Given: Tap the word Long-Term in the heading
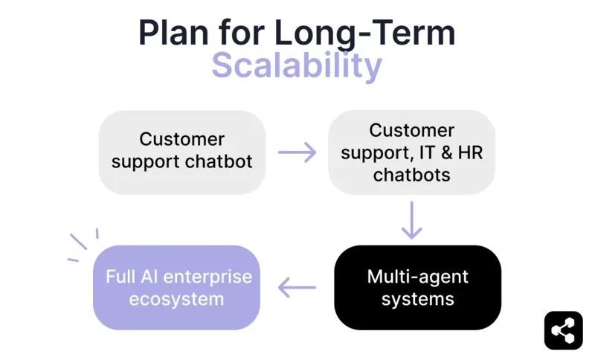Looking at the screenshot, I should (365, 33).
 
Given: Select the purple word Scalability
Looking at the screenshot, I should (297, 65).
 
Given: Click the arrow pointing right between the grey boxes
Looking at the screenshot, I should (297, 152).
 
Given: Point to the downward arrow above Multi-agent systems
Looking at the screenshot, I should (411, 220).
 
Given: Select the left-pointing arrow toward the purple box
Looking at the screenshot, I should (297, 287).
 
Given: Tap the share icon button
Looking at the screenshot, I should (563, 330).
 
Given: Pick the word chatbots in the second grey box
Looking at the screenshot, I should (411, 175).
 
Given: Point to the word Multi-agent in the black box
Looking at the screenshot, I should (417, 277).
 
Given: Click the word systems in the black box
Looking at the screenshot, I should (417, 299).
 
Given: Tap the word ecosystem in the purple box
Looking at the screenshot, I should (176, 299).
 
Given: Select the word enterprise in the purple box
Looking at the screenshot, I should (208, 277).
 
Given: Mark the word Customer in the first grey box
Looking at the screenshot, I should (182, 139).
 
